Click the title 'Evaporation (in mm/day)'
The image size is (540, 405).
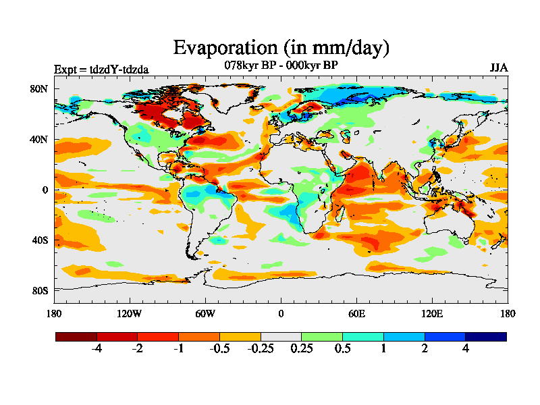tap(281, 48)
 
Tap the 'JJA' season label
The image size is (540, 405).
tap(499, 68)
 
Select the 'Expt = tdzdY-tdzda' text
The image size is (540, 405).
tap(101, 69)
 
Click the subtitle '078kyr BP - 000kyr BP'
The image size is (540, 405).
tap(281, 65)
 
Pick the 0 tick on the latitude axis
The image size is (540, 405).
tap(45, 190)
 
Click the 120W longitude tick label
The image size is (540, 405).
tap(130, 313)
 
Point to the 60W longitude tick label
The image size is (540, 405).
tap(205, 313)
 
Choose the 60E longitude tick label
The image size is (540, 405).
tap(356, 313)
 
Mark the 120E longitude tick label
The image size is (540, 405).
tap(432, 313)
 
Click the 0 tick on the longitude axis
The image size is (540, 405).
tap(281, 313)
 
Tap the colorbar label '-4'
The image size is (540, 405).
tap(97, 348)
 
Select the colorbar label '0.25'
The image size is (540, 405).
tap(301, 348)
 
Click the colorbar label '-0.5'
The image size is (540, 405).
tap(219, 348)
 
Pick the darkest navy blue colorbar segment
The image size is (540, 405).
tap(485, 336)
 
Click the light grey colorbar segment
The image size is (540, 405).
tap(281, 336)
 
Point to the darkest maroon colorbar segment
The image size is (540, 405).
tap(76, 336)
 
